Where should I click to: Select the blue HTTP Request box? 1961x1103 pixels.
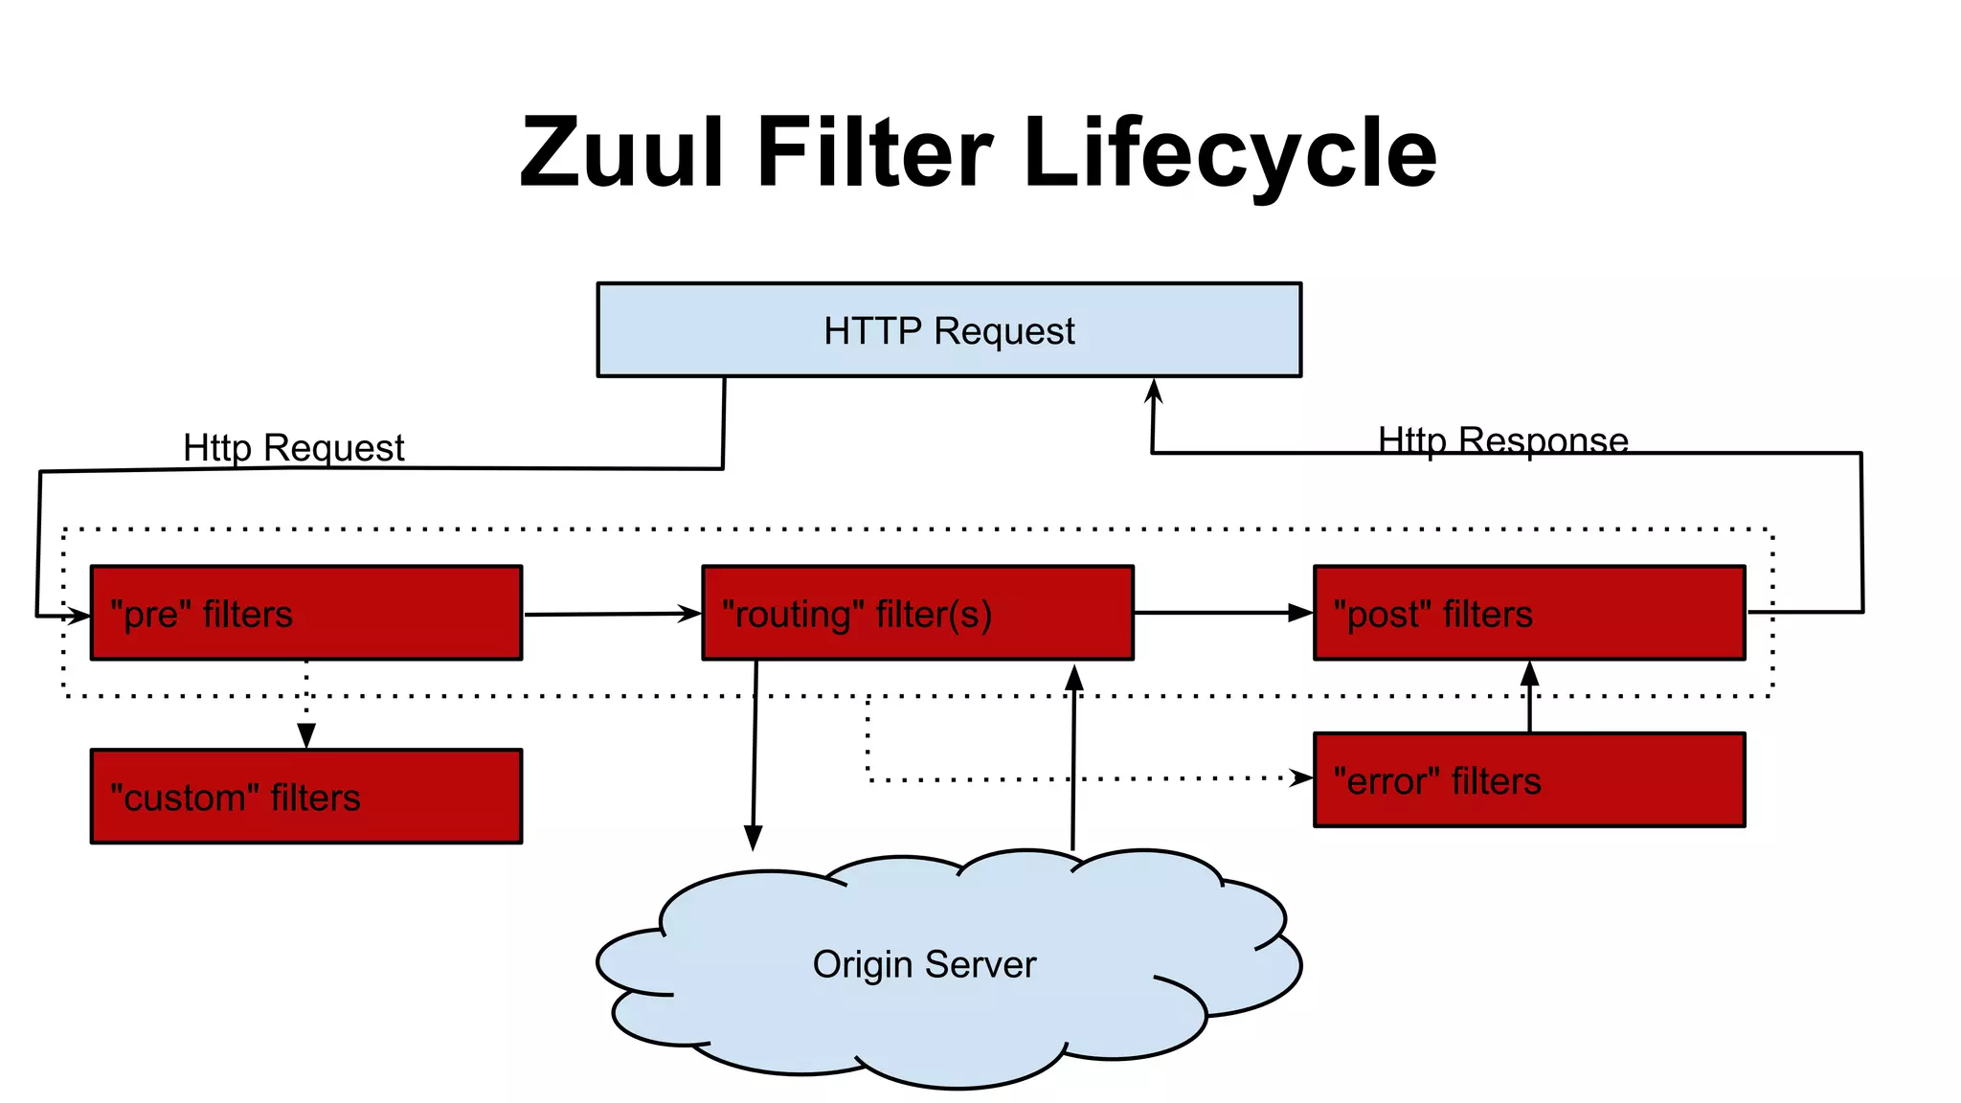pyautogui.click(x=948, y=330)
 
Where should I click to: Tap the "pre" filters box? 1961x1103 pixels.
pyautogui.click(x=306, y=613)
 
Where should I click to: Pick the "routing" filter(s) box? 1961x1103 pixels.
pyautogui.click(x=917, y=613)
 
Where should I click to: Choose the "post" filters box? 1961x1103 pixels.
pyautogui.click(x=1529, y=613)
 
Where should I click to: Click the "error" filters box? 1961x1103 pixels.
pyautogui.click(x=1529, y=780)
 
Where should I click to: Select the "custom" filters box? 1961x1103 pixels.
pyautogui.click(x=306, y=797)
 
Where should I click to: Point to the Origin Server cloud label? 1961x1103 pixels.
pyautogui.click(x=924, y=964)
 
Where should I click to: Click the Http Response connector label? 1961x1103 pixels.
pyautogui.click(x=1502, y=440)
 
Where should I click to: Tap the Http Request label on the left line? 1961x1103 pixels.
pyautogui.click(x=293, y=448)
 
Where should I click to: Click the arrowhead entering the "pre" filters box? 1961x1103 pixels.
pyautogui.click(x=79, y=616)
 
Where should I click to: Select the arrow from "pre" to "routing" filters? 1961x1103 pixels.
pyautogui.click(x=613, y=614)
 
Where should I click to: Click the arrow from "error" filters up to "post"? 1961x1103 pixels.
pyautogui.click(x=1529, y=697)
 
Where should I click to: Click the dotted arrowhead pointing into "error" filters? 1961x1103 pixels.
pyautogui.click(x=1301, y=777)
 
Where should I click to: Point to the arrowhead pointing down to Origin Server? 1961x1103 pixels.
pyautogui.click(x=754, y=838)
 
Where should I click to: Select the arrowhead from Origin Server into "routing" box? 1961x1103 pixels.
pyautogui.click(x=1074, y=676)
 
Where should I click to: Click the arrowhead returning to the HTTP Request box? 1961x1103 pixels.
pyautogui.click(x=1154, y=390)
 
